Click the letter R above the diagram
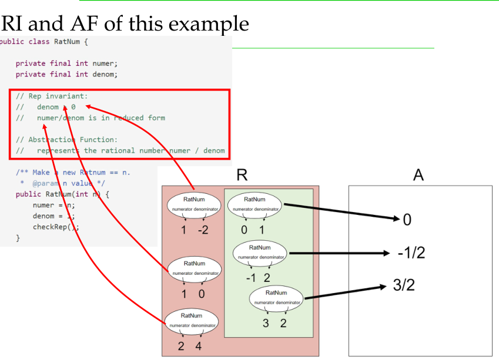241,175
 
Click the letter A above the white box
418,175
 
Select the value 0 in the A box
407,220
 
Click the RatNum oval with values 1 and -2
194,204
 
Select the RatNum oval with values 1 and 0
194,268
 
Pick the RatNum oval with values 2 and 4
192,320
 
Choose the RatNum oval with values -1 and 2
260,252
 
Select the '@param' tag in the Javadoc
45,183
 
